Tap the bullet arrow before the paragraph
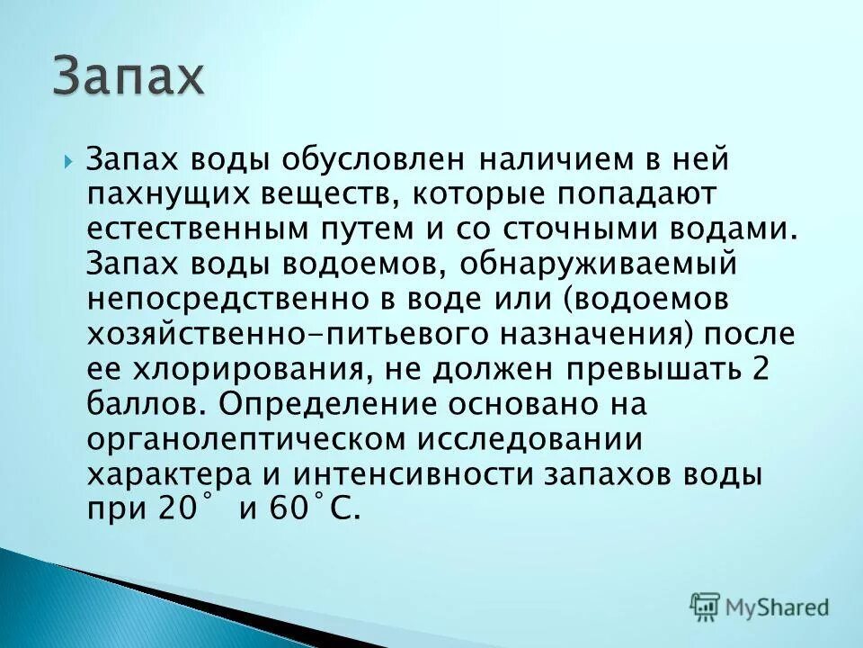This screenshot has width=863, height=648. [x=68, y=162]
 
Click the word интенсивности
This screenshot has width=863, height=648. [x=430, y=474]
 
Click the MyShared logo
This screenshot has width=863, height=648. [x=760, y=606]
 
